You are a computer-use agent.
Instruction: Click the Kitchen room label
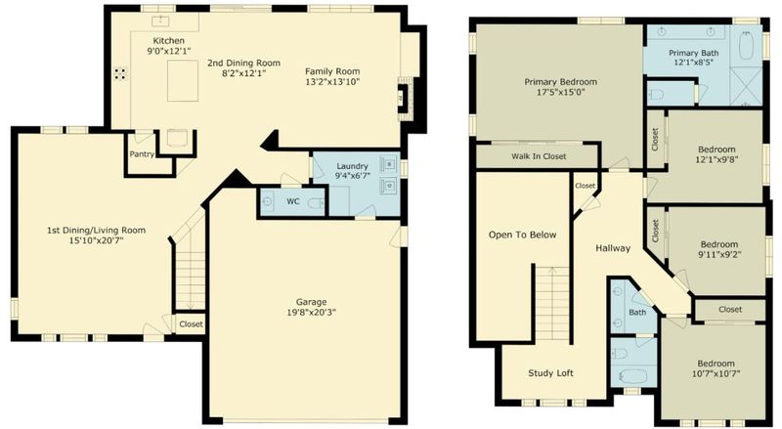tap(168, 41)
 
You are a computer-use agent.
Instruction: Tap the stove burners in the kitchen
tap(119, 74)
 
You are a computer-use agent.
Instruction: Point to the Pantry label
tap(142, 154)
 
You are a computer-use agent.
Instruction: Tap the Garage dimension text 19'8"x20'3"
tap(311, 313)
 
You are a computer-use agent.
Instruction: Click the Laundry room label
tap(352, 166)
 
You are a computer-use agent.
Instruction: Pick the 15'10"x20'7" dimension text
tap(96, 240)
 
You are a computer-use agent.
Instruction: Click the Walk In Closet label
tap(539, 156)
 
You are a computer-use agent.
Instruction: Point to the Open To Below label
tap(522, 235)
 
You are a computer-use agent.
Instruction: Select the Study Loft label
tap(550, 373)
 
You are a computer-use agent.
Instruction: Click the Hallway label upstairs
tap(613, 248)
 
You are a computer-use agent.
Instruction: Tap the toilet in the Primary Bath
tap(655, 94)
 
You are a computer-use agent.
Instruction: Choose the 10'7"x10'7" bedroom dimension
tap(717, 373)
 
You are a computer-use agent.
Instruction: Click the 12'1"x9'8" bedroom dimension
tap(717, 159)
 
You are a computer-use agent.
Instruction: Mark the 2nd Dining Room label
tap(243, 63)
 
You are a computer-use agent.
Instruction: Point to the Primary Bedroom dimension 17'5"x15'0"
tap(560, 92)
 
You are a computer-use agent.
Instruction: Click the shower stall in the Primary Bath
tap(746, 87)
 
